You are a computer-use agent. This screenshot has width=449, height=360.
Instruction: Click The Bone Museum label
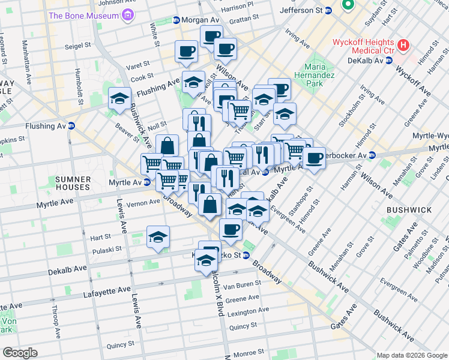83,15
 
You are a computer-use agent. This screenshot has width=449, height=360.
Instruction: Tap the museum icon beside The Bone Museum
127,15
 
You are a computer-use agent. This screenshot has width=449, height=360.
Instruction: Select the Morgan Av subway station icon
176,20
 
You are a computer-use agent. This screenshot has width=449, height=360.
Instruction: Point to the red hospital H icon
403,44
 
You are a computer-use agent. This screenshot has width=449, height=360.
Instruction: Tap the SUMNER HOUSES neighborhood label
73,184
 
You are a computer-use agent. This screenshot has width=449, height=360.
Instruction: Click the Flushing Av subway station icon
71,126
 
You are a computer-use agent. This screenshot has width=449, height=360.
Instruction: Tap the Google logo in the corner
20,353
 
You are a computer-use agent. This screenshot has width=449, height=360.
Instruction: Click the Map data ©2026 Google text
411,355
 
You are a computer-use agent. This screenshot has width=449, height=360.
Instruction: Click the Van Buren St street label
243,286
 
